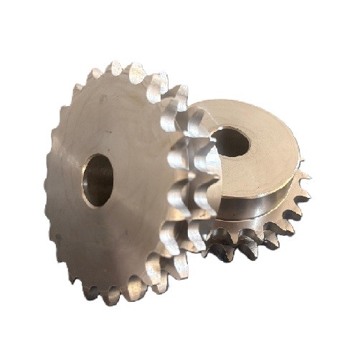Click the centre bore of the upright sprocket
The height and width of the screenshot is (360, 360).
click(98, 179)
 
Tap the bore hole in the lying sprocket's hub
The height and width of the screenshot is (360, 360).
click(231, 141)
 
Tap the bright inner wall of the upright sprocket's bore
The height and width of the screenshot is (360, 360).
click(92, 183)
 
